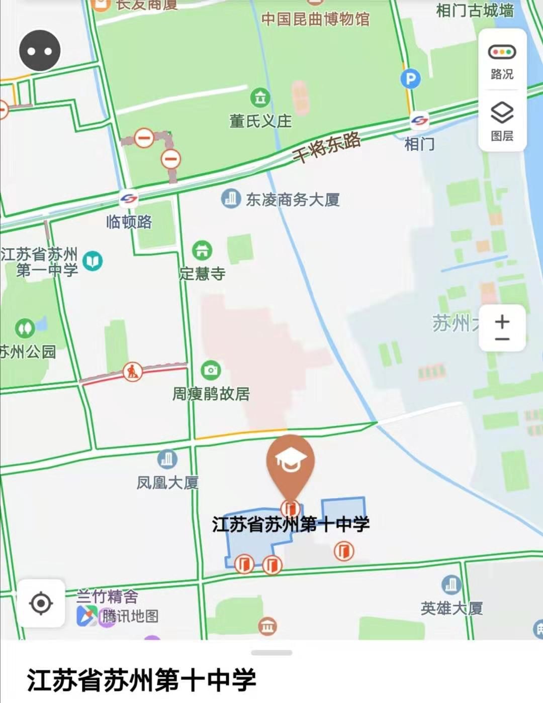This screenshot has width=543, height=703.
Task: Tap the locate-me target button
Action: coord(41,603)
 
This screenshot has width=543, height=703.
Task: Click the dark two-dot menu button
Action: coord(40,51)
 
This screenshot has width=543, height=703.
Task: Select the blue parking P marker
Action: coord(410,79)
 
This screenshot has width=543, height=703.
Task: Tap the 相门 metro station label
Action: coord(419,144)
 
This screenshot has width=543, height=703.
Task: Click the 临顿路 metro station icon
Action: coord(129,199)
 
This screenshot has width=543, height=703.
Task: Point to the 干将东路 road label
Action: coord(327,146)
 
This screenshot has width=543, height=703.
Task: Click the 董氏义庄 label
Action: coord(260,121)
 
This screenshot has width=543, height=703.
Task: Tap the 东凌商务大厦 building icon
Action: coord(231,199)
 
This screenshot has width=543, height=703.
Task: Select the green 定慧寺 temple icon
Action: coord(202,250)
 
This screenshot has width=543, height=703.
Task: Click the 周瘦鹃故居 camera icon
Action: coord(211,371)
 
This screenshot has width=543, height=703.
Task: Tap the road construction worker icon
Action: coord(133,372)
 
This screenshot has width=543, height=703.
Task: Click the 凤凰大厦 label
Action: coord(167,483)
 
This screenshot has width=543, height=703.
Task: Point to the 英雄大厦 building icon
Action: coord(451,584)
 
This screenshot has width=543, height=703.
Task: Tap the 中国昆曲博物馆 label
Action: coord(315,19)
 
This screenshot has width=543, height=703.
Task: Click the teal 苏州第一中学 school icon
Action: coord(93,261)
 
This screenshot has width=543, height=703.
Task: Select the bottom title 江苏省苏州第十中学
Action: coord(142,680)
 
